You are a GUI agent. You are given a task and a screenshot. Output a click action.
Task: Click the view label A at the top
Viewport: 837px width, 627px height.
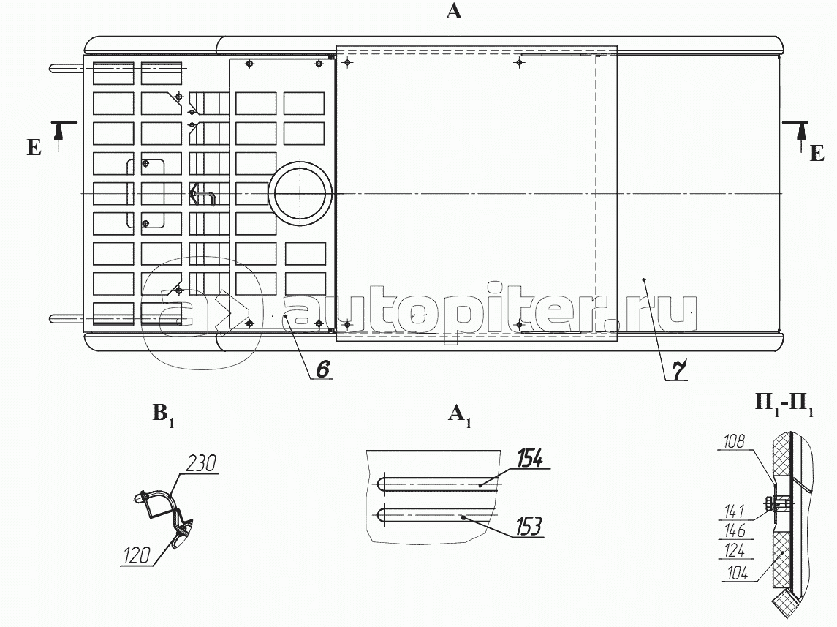click(453, 12)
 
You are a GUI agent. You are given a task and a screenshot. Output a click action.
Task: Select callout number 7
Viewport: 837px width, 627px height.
click(678, 371)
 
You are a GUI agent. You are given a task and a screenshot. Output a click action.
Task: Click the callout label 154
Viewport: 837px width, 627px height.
click(529, 459)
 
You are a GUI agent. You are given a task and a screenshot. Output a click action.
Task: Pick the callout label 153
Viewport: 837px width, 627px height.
click(527, 527)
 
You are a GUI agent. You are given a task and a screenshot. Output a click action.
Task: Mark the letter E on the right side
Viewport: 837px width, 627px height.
click(817, 153)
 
